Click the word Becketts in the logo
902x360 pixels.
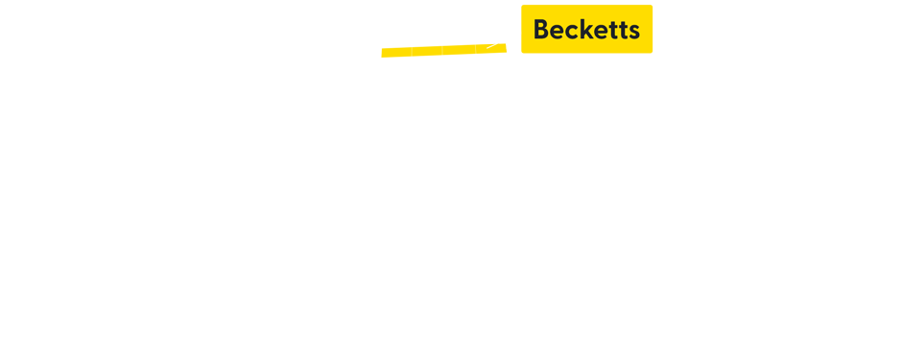point(586,30)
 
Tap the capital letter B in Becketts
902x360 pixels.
point(541,30)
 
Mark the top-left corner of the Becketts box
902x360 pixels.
point(522,6)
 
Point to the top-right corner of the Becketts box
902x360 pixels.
point(652,6)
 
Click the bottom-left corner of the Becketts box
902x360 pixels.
point(522,52)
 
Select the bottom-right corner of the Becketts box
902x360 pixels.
point(652,52)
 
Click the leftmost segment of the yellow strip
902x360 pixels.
point(395,50)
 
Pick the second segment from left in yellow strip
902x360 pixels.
point(427,50)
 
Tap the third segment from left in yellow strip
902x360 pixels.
point(458,50)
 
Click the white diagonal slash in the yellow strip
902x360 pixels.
point(495,45)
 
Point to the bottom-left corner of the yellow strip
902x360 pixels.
point(382,57)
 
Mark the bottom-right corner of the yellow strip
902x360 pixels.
point(506,57)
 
